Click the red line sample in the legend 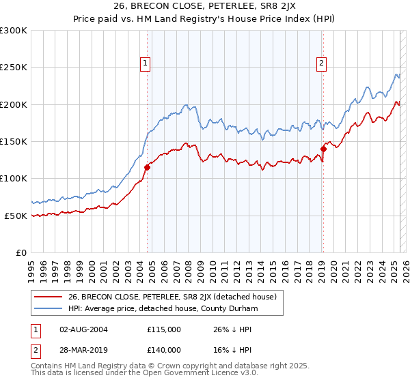48,297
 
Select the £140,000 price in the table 164,349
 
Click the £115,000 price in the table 164,329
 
